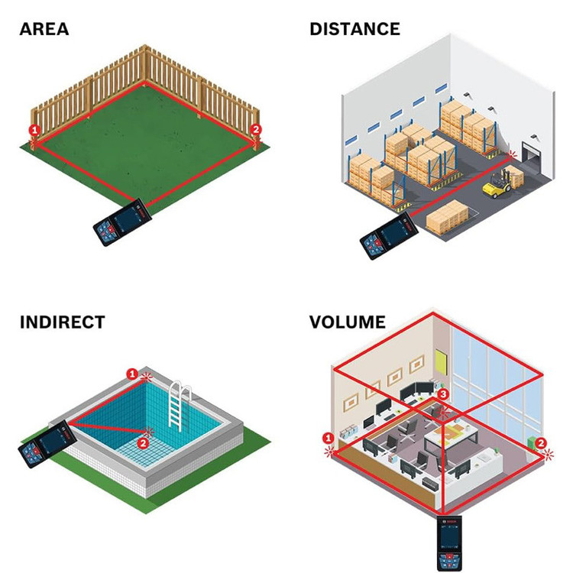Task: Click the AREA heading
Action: coord(44,29)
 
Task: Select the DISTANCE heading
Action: coord(354,29)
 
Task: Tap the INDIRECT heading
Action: coord(62,322)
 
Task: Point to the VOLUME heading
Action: coord(348,322)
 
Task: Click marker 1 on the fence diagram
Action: coord(34,130)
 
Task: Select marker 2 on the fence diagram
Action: coord(256,130)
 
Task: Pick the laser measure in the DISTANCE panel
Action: coord(389,235)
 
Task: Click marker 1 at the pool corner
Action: coord(132,374)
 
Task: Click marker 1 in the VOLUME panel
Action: coord(328,439)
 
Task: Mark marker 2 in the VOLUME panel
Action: coord(541,442)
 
